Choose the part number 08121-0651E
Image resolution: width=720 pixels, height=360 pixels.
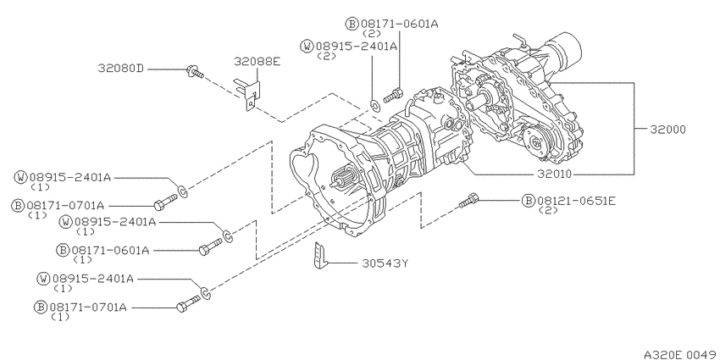576,201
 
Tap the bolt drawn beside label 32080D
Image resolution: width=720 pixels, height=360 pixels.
194,75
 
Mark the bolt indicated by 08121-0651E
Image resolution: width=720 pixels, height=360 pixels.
469,202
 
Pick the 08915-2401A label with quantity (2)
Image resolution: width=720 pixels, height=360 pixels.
356,46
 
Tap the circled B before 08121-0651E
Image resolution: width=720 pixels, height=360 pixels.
527,201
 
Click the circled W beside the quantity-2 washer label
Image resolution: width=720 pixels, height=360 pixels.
307,46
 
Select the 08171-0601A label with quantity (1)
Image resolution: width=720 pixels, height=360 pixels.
111,250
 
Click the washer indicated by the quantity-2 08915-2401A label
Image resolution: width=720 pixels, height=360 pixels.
375,105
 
